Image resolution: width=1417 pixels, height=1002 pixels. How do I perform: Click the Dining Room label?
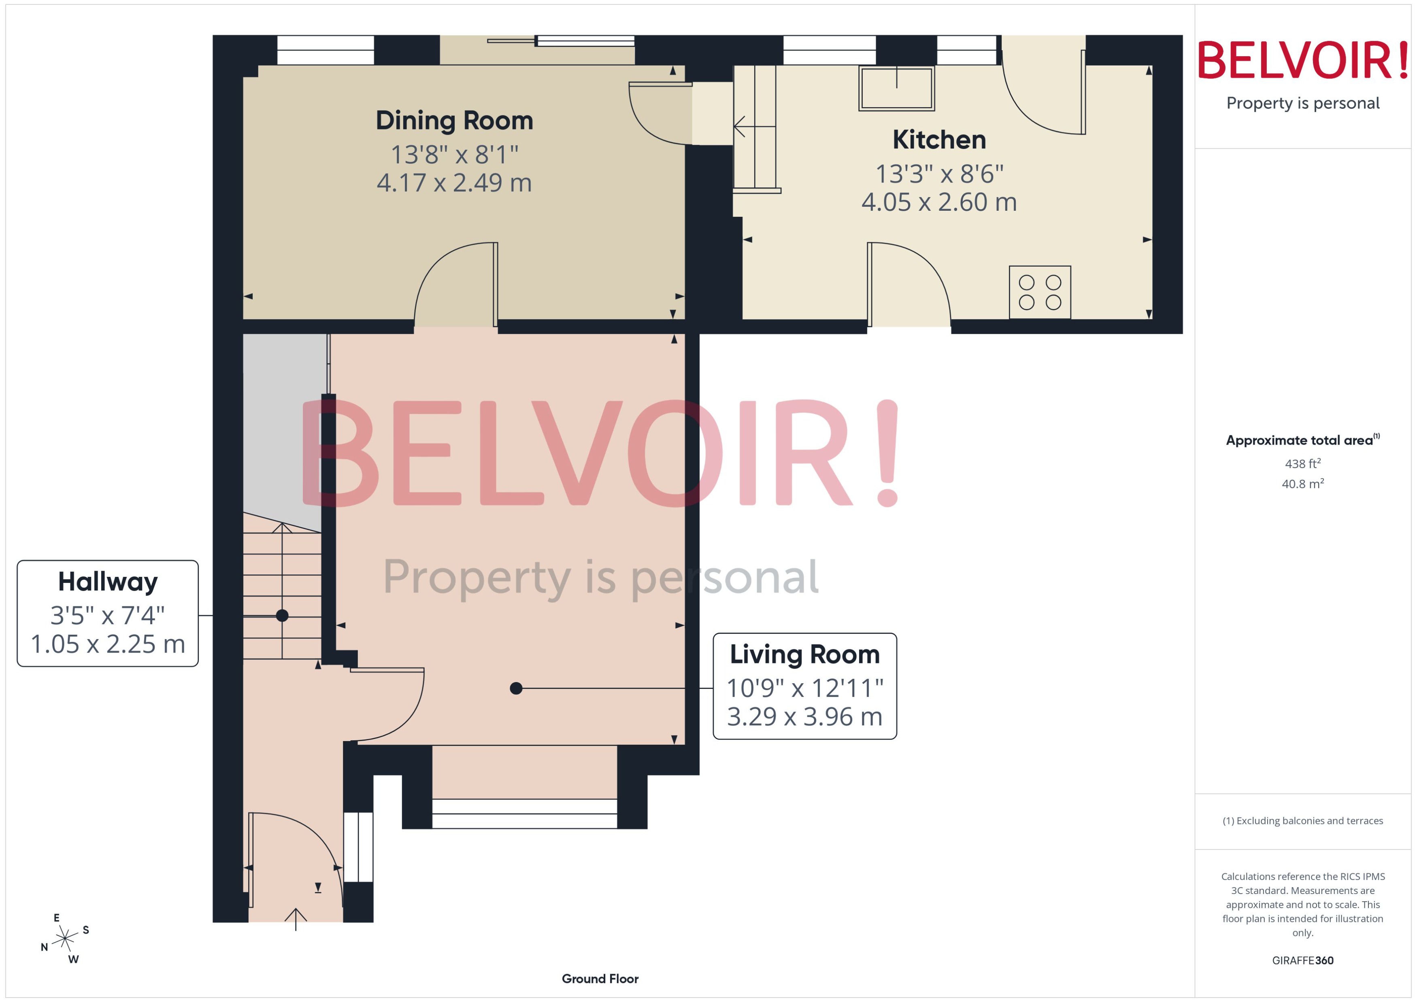[454, 120]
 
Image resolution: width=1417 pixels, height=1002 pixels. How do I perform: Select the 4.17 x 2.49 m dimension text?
[454, 182]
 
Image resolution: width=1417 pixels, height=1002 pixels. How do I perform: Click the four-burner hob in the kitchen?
[1039, 292]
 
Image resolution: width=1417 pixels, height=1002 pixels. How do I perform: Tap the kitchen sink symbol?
[896, 88]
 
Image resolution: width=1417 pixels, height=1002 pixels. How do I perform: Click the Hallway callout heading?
[108, 581]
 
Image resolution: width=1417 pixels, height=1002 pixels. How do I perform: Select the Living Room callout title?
[804, 654]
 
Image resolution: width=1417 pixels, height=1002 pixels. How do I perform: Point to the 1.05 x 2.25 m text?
[108, 644]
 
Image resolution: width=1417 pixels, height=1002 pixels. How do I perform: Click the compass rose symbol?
[64, 938]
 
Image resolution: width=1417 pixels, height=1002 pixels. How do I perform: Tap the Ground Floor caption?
[600, 979]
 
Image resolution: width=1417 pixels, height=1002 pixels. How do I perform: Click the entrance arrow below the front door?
[296, 918]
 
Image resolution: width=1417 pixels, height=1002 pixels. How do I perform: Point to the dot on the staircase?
[282, 615]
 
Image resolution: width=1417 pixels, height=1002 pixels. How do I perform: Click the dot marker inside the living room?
[516, 688]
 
